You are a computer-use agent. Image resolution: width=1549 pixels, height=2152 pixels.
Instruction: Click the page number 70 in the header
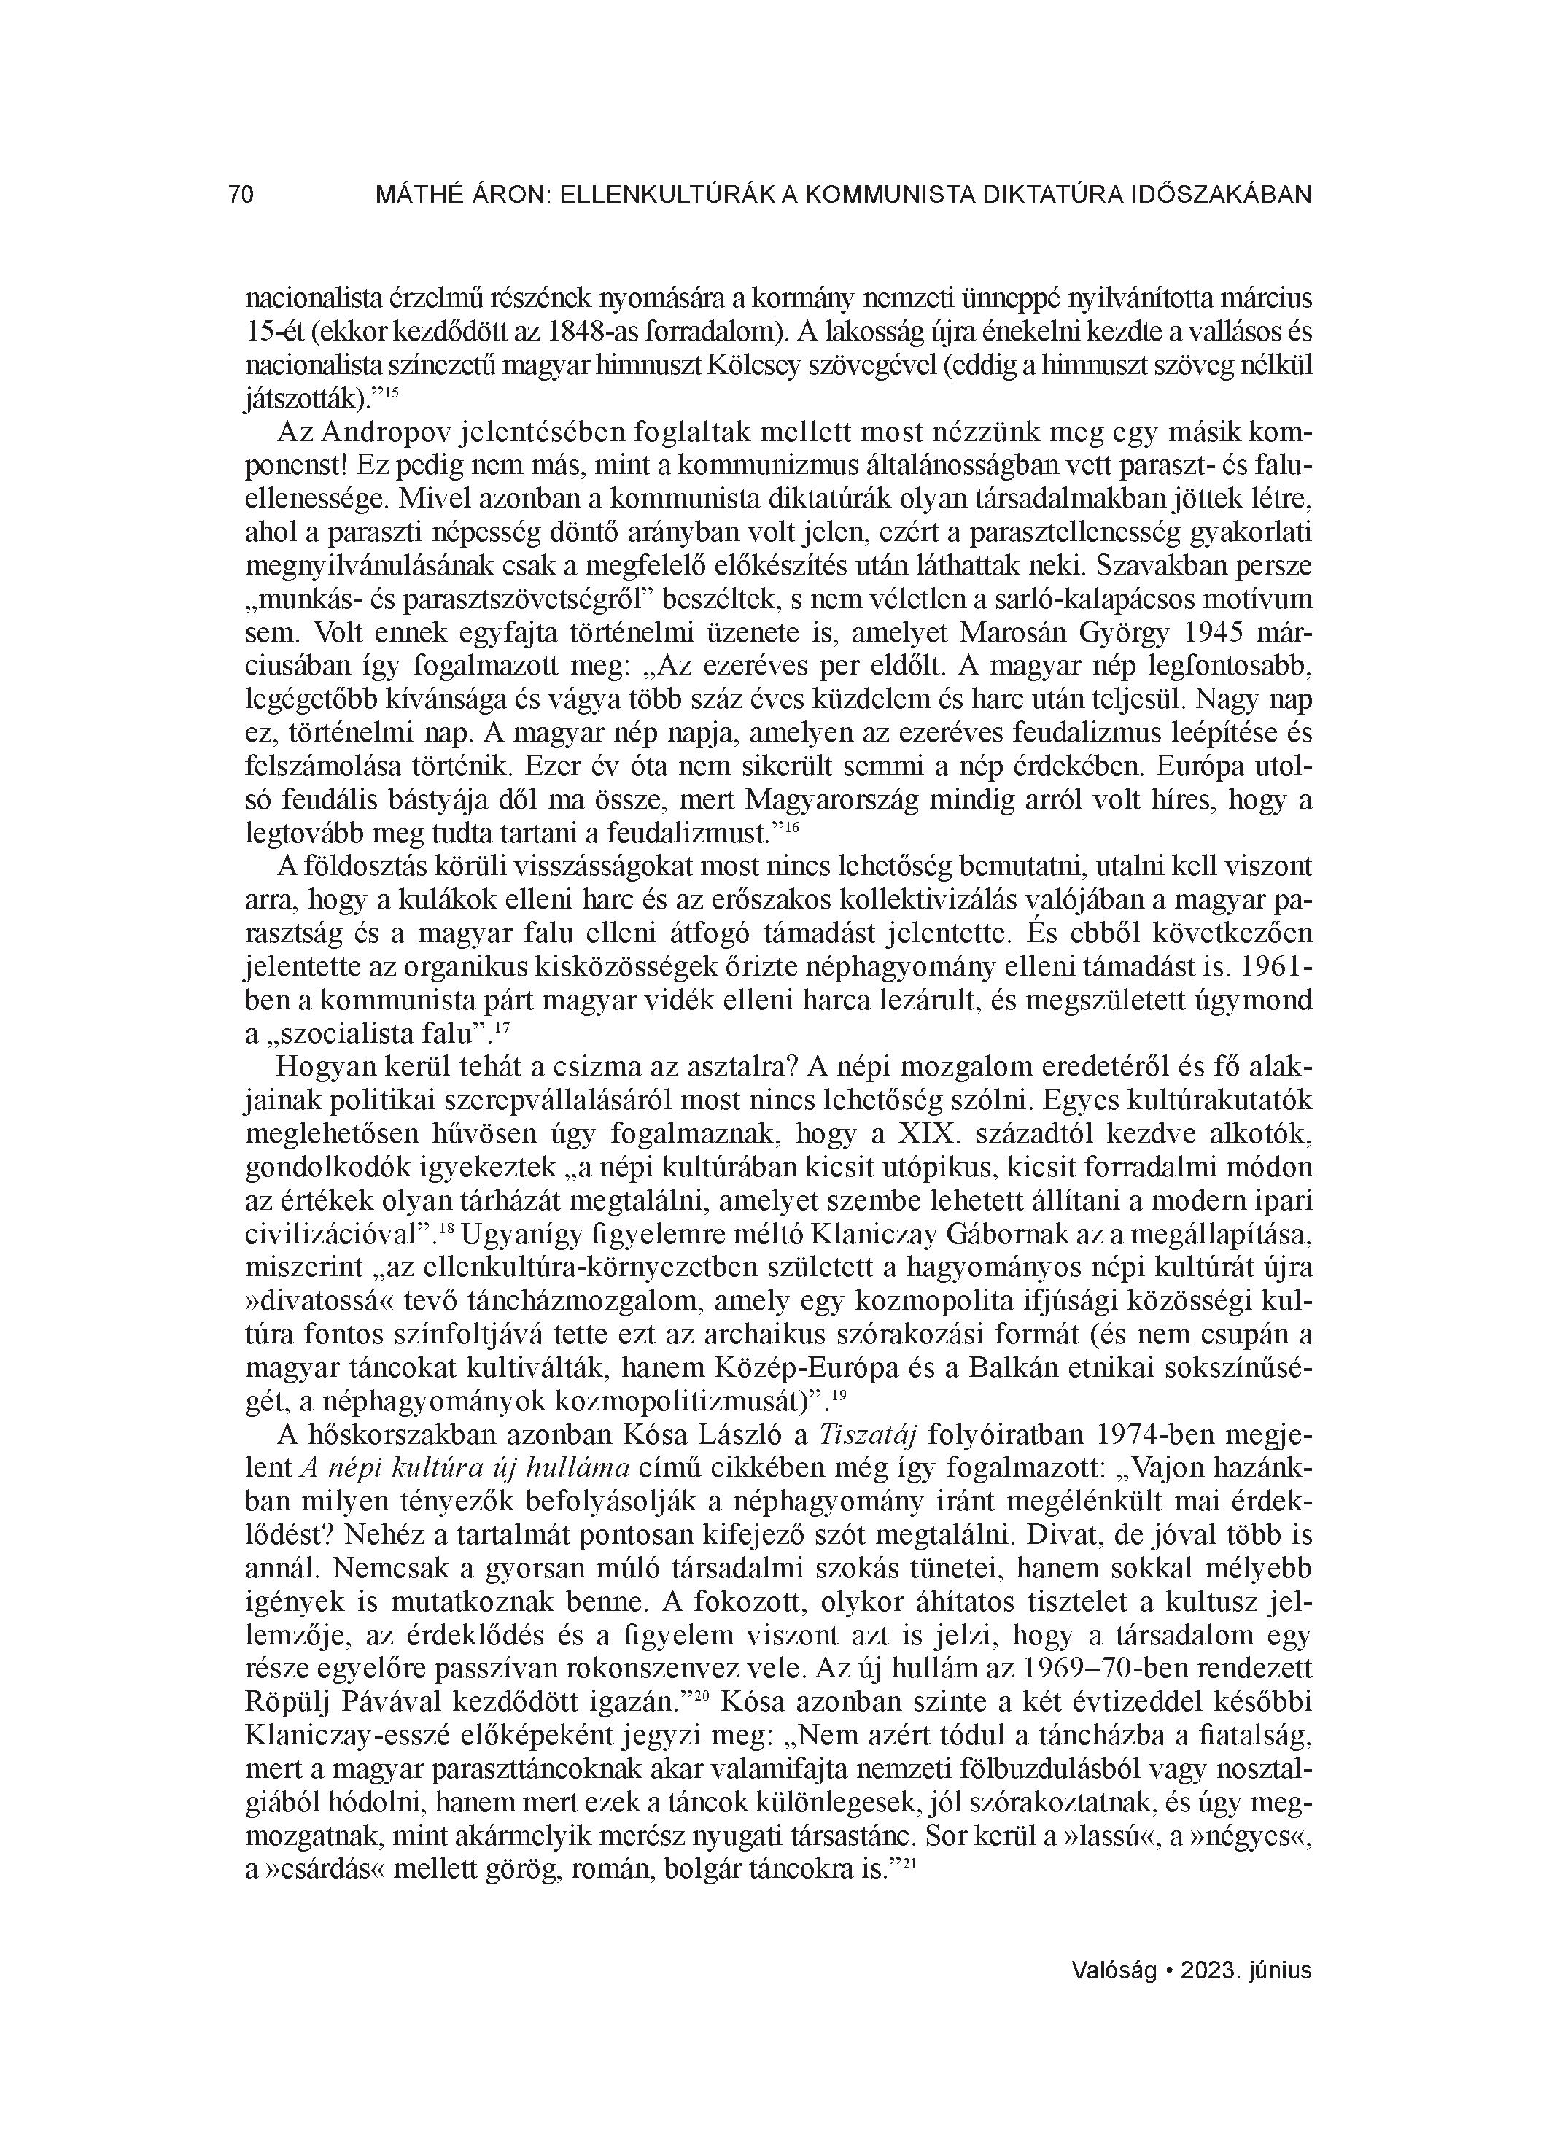coord(241,195)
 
